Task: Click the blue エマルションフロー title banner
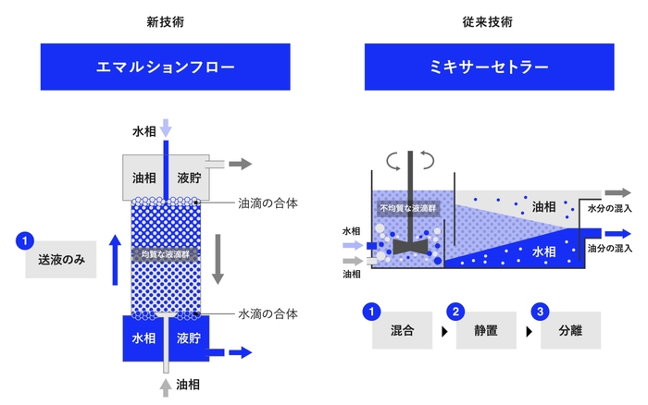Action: click(166, 67)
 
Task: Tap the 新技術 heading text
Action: click(165, 19)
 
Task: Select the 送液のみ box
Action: click(61, 261)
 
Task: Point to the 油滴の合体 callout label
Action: click(268, 202)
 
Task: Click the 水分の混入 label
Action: click(610, 209)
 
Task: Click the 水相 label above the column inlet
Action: click(143, 132)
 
